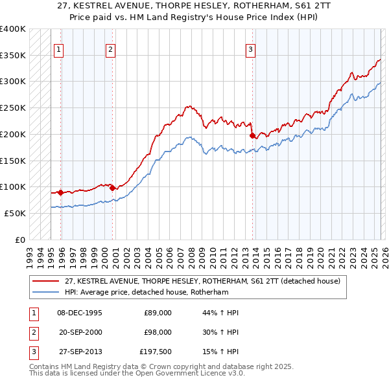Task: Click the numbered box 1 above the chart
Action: tap(59, 49)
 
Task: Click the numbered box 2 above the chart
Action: tap(111, 49)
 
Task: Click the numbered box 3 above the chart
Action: tap(251, 49)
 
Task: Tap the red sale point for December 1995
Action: tap(61, 192)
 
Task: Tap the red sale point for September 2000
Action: tap(112, 188)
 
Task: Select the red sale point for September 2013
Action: tap(252, 135)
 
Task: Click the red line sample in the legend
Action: tap(47, 281)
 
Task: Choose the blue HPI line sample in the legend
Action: tap(47, 292)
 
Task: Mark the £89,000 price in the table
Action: tap(157, 313)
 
